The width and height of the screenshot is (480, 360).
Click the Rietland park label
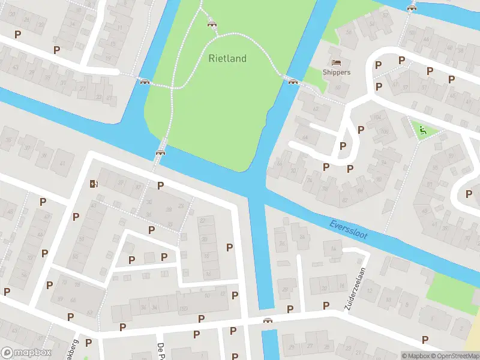(x=227, y=58)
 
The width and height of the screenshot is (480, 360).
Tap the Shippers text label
(x=336, y=73)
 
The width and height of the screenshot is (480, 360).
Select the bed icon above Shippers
(x=336, y=62)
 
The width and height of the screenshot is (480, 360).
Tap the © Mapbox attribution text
(x=415, y=356)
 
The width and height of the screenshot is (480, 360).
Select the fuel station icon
(x=92, y=183)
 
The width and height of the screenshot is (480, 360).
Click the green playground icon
(x=422, y=129)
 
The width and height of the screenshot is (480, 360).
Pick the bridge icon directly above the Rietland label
(x=211, y=23)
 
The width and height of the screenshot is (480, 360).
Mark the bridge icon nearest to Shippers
(x=292, y=82)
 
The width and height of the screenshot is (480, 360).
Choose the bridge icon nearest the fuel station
(x=160, y=152)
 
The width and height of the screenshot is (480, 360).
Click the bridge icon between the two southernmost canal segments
(x=268, y=320)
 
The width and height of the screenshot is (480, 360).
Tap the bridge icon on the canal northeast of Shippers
(x=412, y=8)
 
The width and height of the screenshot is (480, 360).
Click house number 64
(x=306, y=138)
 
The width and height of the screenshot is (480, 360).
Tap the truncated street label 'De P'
(x=160, y=350)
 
